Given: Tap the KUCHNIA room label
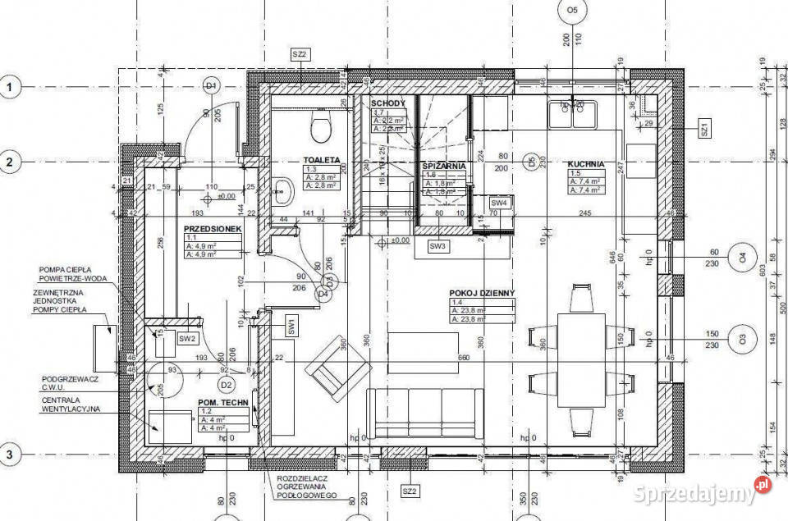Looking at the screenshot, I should [x=585, y=163].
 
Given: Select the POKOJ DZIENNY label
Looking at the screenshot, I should [x=482, y=293].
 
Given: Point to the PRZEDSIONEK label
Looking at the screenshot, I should [x=211, y=231].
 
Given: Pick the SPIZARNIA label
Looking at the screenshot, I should [x=445, y=165].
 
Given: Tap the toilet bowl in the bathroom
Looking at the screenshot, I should [x=320, y=126].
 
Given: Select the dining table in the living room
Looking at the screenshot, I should [x=581, y=360].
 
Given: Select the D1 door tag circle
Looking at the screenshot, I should [x=211, y=86].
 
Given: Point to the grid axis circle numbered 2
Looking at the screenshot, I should [x=11, y=162].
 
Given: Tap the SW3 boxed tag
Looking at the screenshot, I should [x=437, y=246].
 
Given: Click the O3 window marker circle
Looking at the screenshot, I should [x=742, y=339].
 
